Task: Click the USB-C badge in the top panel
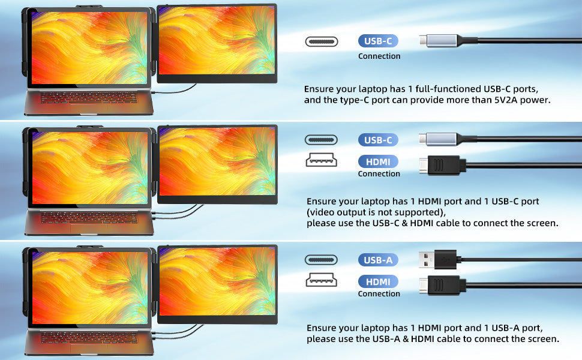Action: click(378, 41)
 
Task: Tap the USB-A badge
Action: click(378, 260)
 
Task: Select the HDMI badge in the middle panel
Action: click(378, 161)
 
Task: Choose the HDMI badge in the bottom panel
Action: click(378, 281)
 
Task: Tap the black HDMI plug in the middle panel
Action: click(442, 165)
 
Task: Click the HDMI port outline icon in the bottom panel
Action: click(322, 280)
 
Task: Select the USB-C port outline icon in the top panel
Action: click(322, 41)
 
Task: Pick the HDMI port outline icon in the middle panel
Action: click(322, 160)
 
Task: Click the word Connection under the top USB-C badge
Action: click(379, 56)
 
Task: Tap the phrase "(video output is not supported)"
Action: click(376, 212)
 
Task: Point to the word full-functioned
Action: click(448, 89)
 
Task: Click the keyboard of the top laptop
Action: click(89, 98)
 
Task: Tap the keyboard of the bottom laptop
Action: click(89, 337)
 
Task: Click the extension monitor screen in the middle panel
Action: click(217, 161)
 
